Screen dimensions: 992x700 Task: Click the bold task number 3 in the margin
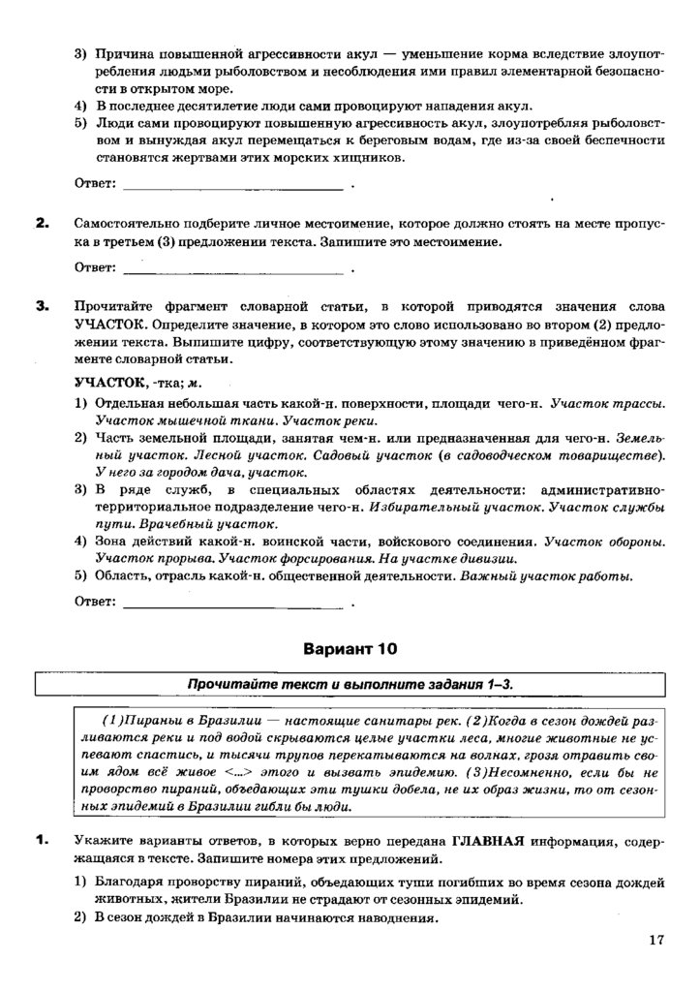(x=42, y=306)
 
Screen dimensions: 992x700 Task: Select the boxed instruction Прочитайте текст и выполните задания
(x=350, y=684)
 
